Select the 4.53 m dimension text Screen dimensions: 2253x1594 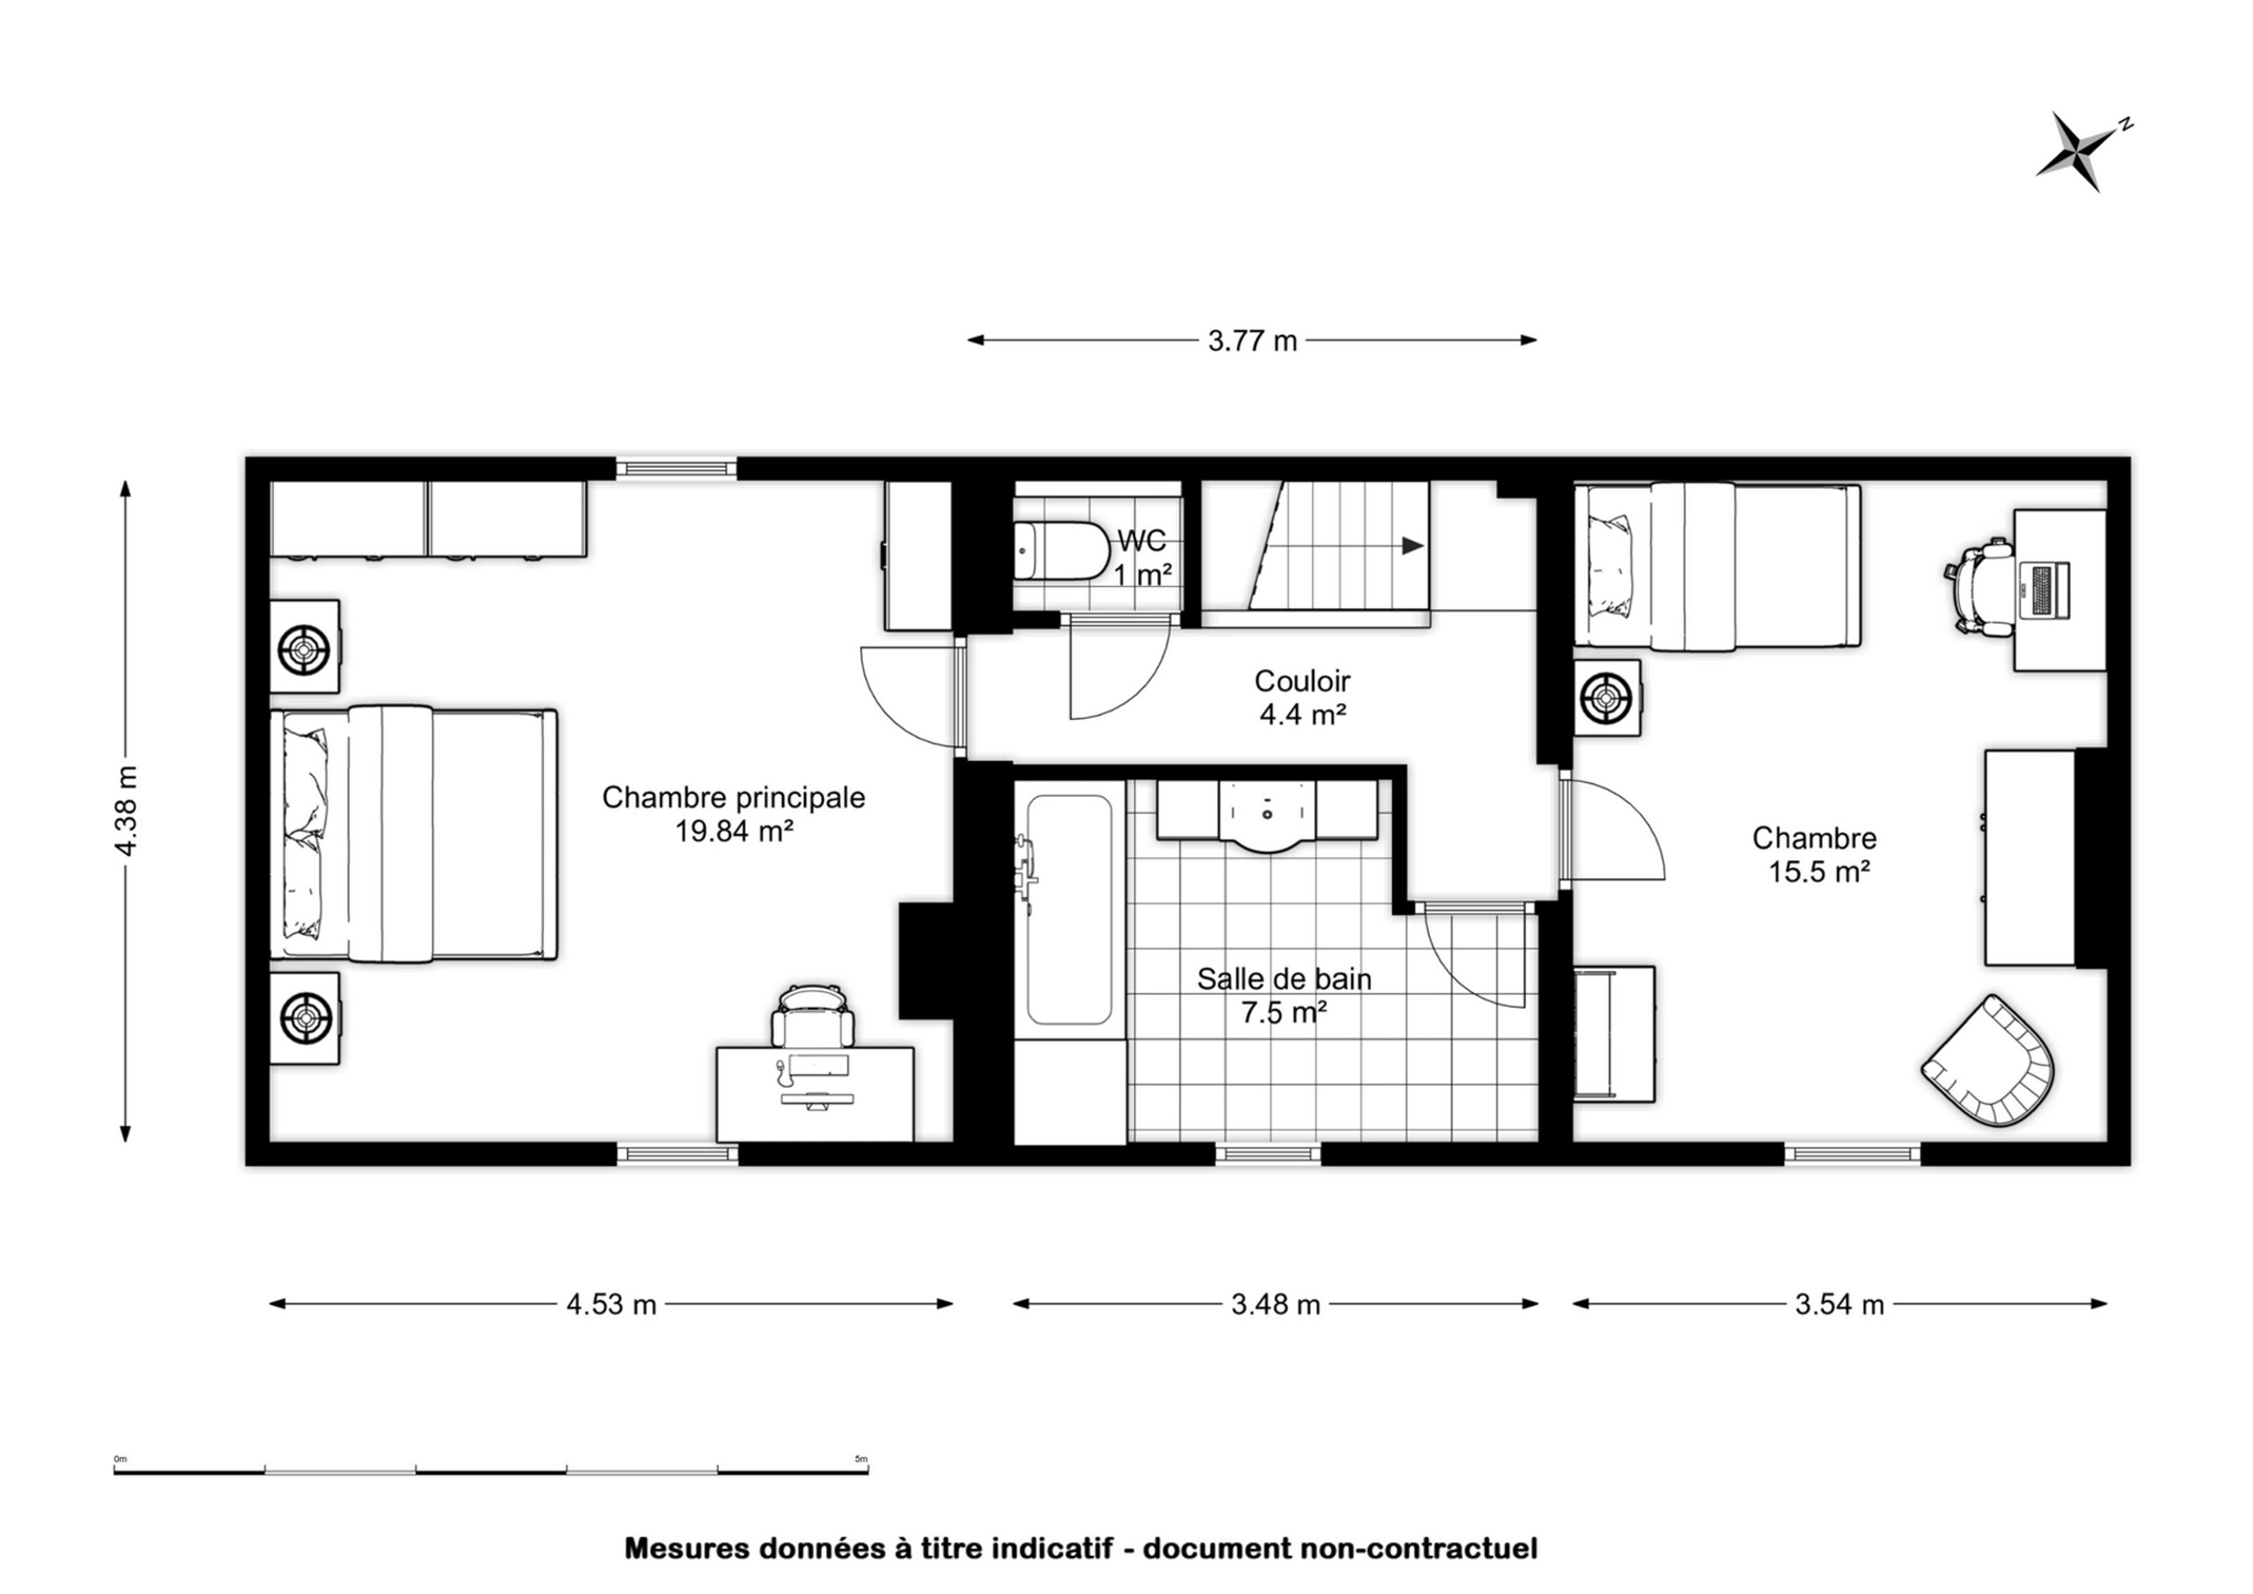click(x=611, y=1304)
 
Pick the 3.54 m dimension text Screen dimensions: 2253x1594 click(x=1840, y=1304)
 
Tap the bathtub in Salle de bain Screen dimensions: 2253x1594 click(x=1069, y=909)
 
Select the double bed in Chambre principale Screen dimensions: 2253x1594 click(x=413, y=832)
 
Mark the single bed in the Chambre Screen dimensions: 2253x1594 click(x=1717, y=566)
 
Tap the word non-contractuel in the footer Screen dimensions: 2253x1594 click(x=1419, y=1549)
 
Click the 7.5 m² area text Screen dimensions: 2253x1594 click(x=1284, y=1012)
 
